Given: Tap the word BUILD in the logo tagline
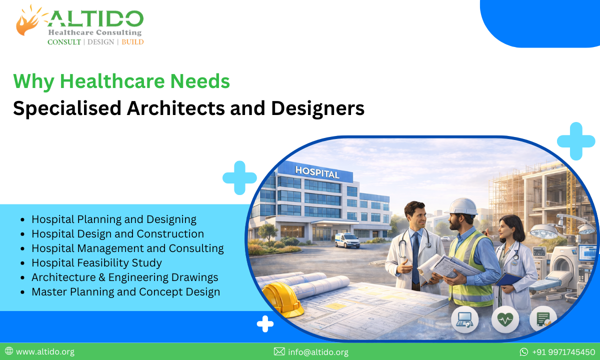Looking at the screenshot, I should pyautogui.click(x=132, y=42).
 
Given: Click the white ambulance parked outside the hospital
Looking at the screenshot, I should pyautogui.click(x=347, y=240).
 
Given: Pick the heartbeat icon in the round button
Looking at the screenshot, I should pyautogui.click(x=505, y=319).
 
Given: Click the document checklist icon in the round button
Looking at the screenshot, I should pyautogui.click(x=543, y=319).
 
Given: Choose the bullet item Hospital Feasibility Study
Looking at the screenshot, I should pyautogui.click(x=96, y=262).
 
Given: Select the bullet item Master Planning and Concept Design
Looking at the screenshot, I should pyautogui.click(x=125, y=291).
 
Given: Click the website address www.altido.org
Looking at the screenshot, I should pyautogui.click(x=45, y=352).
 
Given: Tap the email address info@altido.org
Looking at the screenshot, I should pyautogui.click(x=318, y=352).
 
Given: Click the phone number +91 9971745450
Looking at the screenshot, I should pyautogui.click(x=563, y=352).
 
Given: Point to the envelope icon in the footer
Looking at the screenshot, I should pyautogui.click(x=279, y=352).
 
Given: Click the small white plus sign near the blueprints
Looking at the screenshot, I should pyautogui.click(x=265, y=324).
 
